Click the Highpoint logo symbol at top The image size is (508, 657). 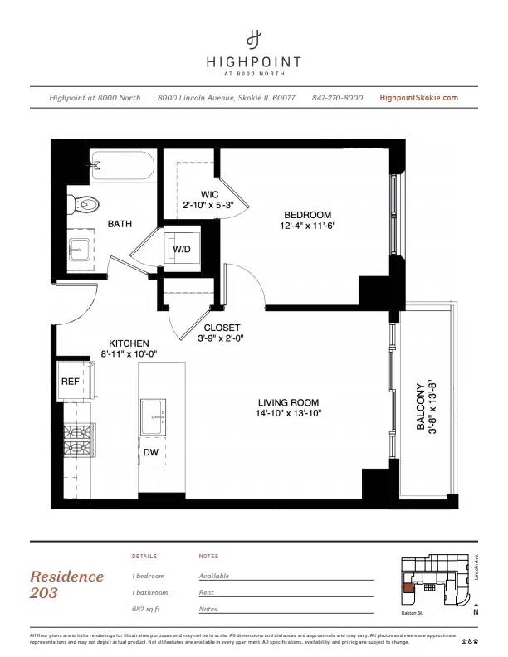pyautogui.click(x=254, y=38)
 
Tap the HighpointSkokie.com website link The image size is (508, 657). pyautogui.click(x=418, y=98)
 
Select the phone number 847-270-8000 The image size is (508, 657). pyautogui.click(x=337, y=98)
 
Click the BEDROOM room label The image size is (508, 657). pyautogui.click(x=307, y=214)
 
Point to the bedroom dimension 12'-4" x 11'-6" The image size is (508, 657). pyautogui.click(x=307, y=225)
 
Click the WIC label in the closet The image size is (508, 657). pyautogui.click(x=209, y=194)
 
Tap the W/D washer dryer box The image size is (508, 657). pyautogui.click(x=182, y=250)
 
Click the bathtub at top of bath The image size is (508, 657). pyautogui.click(x=123, y=166)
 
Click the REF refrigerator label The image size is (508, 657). pyautogui.click(x=71, y=382)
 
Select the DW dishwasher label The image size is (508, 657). pyautogui.click(x=151, y=452)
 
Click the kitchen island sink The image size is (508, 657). pyautogui.click(x=153, y=414)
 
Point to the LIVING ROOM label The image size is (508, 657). pyautogui.click(x=288, y=401)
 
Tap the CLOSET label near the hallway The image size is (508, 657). pyautogui.click(x=222, y=327)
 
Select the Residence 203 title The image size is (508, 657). pyautogui.click(x=67, y=584)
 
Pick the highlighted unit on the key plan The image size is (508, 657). pyautogui.click(x=408, y=590)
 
